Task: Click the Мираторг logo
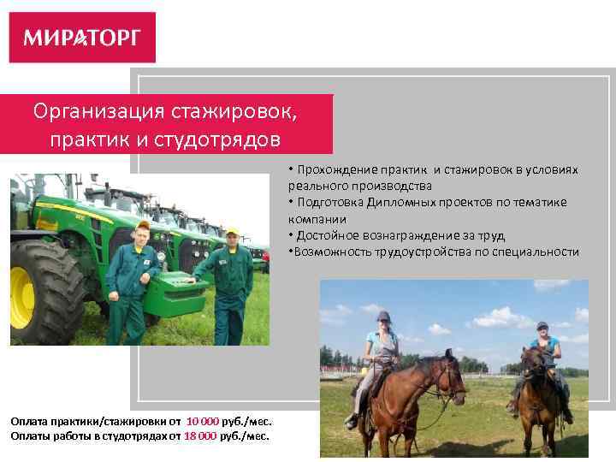[x=82, y=38]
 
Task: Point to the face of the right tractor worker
[x=232, y=240]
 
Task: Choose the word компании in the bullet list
[x=317, y=218]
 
